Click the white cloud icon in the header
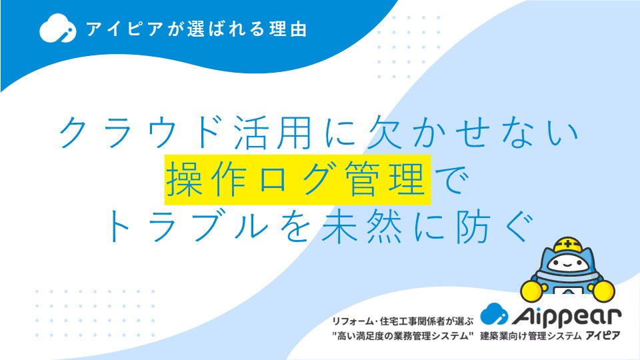click(x=57, y=28)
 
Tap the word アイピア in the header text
click(x=125, y=29)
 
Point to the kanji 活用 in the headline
click(x=273, y=132)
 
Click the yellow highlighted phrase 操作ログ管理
click(x=297, y=179)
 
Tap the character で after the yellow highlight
click(x=452, y=179)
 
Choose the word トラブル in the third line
click(x=187, y=226)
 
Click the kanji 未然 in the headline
click(x=361, y=226)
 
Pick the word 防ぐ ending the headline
click(x=494, y=226)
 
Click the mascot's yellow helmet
click(x=567, y=245)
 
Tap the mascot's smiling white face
click(x=568, y=263)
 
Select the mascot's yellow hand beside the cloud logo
click(x=532, y=291)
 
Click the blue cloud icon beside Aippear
click(x=494, y=313)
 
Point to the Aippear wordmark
click(x=567, y=316)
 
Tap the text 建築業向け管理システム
click(x=531, y=336)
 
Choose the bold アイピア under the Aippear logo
click(x=603, y=335)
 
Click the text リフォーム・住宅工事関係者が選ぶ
click(x=403, y=321)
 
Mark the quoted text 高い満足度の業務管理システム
click(x=403, y=336)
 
